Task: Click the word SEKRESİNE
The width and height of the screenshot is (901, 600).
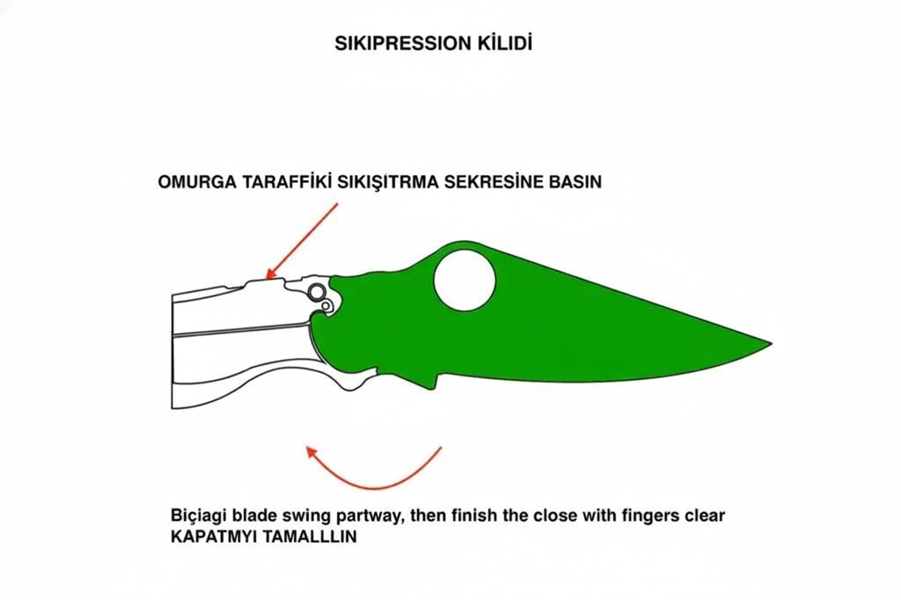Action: [x=487, y=182]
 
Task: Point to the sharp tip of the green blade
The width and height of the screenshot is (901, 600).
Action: [x=769, y=342]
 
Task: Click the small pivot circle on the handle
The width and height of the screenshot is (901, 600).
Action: [x=326, y=304]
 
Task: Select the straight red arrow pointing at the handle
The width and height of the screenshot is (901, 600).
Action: [x=302, y=240]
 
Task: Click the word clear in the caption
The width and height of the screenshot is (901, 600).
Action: [x=705, y=516]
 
